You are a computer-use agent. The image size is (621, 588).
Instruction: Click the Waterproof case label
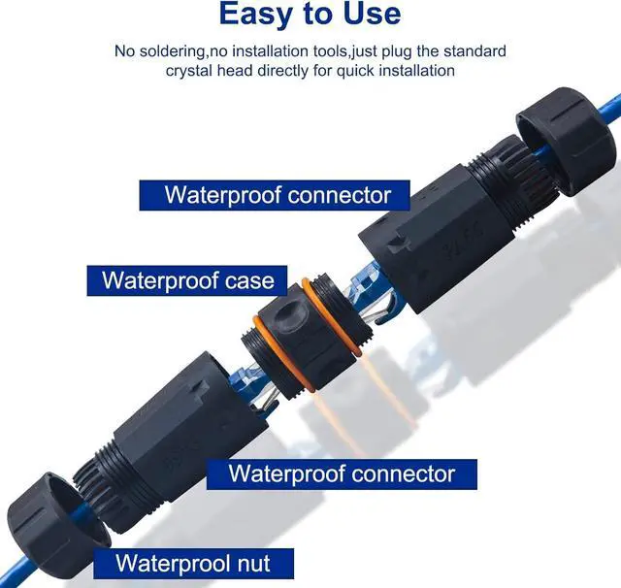click(x=187, y=281)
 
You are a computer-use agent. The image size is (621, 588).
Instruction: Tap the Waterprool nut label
click(x=191, y=562)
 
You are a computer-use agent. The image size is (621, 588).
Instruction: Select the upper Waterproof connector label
click(x=278, y=193)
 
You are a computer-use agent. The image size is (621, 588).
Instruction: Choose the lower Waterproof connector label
click(x=342, y=474)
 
